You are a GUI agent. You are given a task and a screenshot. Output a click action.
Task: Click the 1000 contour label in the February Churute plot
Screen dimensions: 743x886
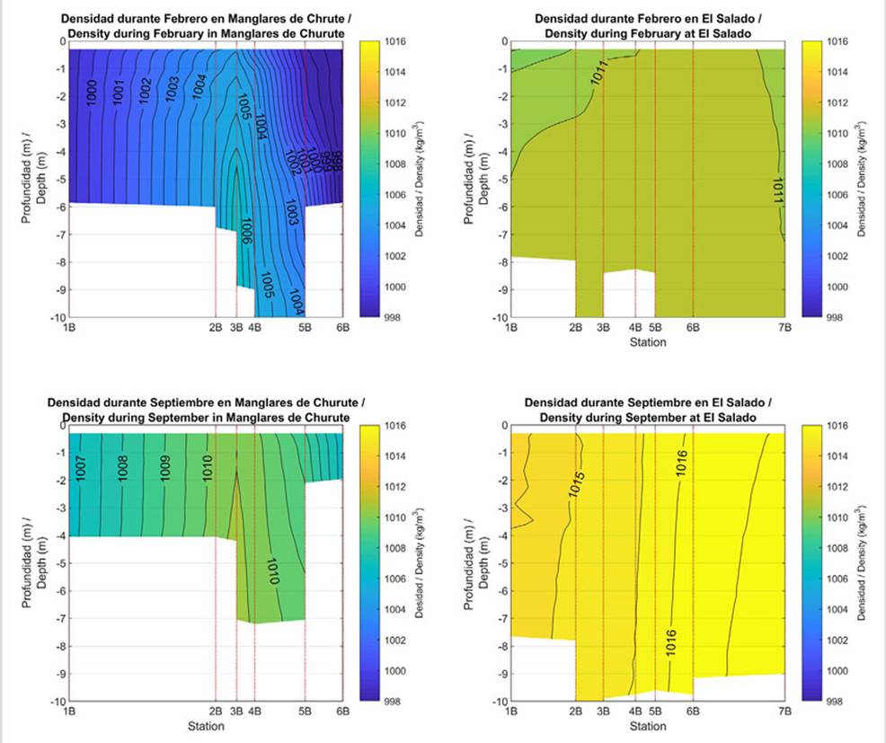92,93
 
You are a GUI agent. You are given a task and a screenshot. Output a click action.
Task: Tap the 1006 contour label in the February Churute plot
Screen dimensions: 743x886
246,231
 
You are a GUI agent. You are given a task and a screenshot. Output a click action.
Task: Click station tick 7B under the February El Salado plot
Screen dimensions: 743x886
784,328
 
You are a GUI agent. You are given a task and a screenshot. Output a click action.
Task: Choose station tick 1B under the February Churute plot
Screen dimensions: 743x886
69,328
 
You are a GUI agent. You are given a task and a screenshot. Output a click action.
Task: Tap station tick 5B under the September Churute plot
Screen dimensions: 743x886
305,712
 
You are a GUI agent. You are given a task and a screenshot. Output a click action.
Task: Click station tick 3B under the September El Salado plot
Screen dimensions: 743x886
603,712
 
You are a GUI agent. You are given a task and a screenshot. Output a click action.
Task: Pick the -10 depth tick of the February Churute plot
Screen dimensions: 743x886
55,317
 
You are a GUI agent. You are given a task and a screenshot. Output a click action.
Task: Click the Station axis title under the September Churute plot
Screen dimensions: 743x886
206,725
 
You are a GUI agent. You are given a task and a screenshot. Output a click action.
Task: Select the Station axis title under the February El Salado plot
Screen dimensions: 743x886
647,341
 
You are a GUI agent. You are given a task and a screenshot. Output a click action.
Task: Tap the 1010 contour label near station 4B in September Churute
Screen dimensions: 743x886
272,571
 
